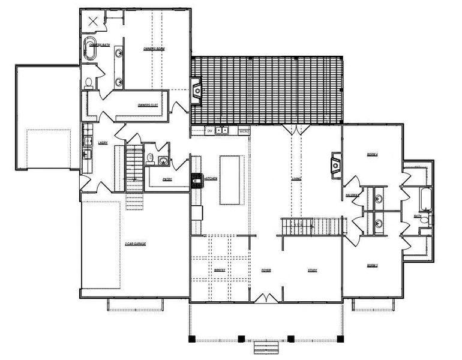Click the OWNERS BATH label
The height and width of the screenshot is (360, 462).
coord(100,45)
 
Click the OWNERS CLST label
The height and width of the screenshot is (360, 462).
coord(148,104)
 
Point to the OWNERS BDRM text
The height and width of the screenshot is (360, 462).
coord(154,48)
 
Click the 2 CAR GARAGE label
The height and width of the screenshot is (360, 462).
coord(136,244)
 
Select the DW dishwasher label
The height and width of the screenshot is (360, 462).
coord(210,130)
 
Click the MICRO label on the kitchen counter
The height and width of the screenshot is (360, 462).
coord(244,130)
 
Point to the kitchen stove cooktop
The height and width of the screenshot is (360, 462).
coord(197,179)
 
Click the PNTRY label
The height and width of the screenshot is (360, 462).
coord(167,179)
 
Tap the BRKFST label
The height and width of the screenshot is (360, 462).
coord(220,271)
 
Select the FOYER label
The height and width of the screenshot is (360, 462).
coord(266,271)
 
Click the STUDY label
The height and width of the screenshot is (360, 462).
coord(312,271)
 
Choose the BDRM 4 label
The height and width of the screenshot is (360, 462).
coord(372,155)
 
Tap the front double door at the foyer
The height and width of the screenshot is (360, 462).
coord(266,298)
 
